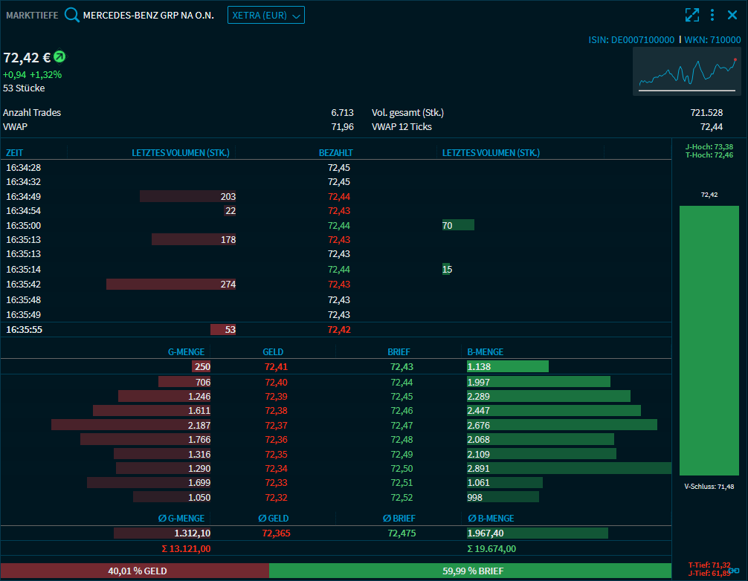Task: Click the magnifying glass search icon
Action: pos(72,15)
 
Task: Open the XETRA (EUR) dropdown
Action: pos(265,15)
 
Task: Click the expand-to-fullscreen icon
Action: pos(692,15)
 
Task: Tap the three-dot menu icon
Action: pos(712,15)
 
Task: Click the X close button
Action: pos(732,15)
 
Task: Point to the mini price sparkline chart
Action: pos(686,71)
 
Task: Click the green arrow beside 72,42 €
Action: pos(59,56)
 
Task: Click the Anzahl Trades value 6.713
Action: pos(342,113)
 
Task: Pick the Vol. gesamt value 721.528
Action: pos(706,113)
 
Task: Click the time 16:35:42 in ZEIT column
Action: pos(23,285)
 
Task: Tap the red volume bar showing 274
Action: pos(171,285)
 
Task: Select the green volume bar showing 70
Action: pos(457,225)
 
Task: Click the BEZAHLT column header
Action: pos(335,153)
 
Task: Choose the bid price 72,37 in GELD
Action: pos(276,425)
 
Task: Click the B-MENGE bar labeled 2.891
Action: pos(569,468)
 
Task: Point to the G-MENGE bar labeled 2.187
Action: pos(131,425)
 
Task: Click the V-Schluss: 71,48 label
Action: pos(709,487)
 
